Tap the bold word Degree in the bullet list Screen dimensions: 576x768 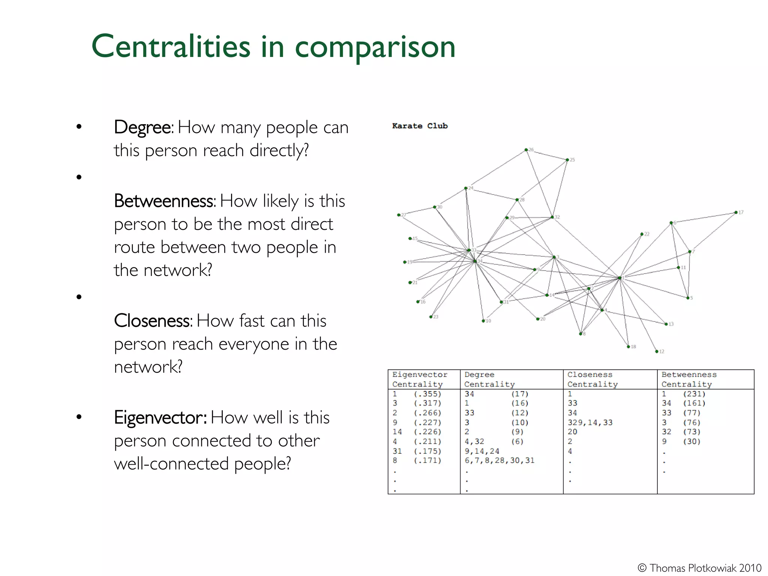click(143, 127)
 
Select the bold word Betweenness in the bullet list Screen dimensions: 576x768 click(165, 201)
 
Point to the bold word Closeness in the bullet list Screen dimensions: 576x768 click(153, 321)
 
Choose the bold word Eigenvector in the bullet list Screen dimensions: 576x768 click(160, 417)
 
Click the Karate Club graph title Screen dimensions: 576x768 click(420, 126)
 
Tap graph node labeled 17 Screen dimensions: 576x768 click(736, 213)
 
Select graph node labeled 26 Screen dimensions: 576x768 click(526, 150)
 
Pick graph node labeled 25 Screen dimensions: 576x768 click(567, 160)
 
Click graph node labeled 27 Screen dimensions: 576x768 click(398, 215)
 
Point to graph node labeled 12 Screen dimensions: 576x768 click(657, 351)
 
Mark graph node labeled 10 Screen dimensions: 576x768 click(483, 321)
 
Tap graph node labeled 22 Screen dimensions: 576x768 click(642, 234)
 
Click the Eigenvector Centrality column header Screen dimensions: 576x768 click(420, 379)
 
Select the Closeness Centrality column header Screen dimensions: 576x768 click(592, 379)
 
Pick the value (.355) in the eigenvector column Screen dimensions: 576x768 click(427, 394)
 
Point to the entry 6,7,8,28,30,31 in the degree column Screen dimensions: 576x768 click(499, 460)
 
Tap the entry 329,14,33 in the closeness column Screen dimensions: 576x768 click(590, 423)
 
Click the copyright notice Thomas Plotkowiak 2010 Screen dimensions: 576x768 click(700, 568)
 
